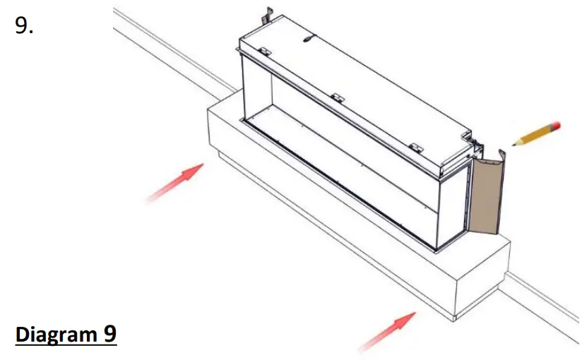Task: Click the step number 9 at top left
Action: click(x=24, y=26)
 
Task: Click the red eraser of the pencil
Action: click(x=557, y=126)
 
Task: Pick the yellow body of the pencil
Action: click(x=535, y=135)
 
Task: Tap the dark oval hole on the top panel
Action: click(x=307, y=40)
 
